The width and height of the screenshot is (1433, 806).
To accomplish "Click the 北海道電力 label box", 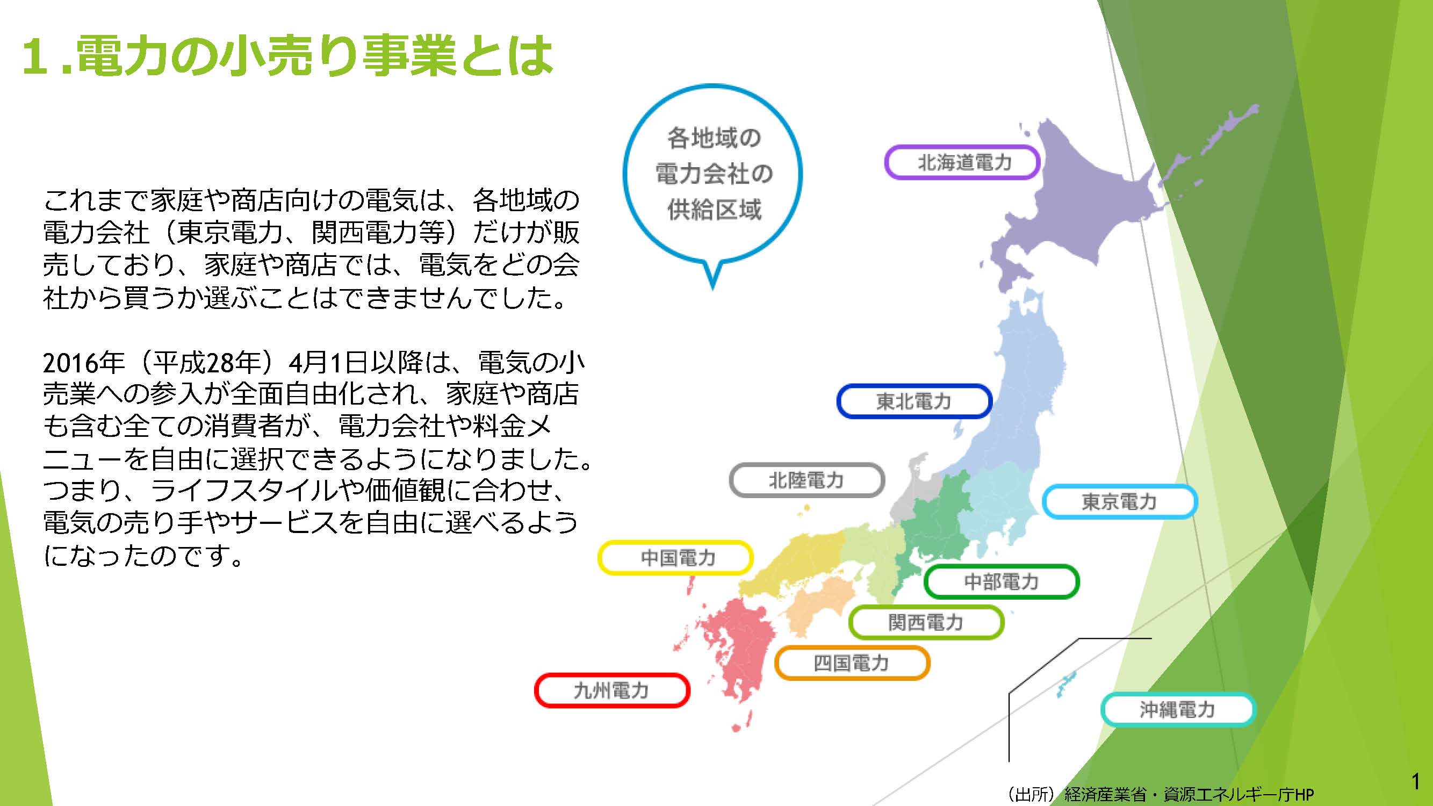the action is [962, 162].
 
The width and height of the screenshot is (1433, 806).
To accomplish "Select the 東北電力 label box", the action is [914, 400].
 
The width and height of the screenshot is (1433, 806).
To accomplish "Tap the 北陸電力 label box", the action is [806, 479].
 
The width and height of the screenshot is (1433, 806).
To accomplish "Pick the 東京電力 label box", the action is [1119, 501].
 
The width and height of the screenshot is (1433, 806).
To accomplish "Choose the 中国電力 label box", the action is [675, 557].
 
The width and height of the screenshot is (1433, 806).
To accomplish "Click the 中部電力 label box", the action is [1002, 581].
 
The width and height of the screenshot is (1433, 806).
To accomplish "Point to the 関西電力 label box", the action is [926, 622].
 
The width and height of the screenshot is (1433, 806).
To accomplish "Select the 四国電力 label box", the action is [852, 663].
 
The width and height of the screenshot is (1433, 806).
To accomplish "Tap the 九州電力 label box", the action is [612, 690].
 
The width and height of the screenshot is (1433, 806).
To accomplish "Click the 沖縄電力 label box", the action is [1178, 709].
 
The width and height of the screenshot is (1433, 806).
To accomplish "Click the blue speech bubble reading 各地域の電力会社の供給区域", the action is [712, 174].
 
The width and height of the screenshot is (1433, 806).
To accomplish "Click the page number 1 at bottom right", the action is [1416, 781].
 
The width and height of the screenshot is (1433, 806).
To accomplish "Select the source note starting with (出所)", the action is [1160, 794].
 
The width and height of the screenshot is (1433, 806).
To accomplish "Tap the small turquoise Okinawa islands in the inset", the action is [1066, 683].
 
